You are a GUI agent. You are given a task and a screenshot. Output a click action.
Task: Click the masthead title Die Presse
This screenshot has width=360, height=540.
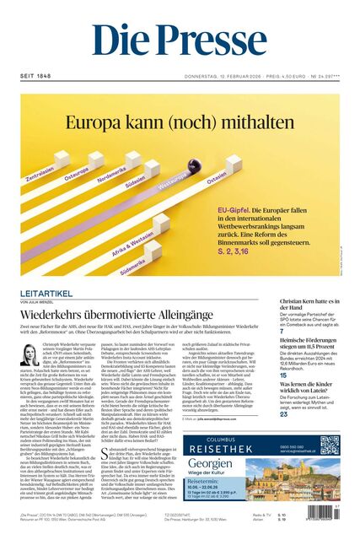pyautogui.click(x=179, y=40)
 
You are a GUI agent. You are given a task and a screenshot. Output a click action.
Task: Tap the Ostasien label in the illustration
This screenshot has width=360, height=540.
pyautogui.click(x=217, y=175)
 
